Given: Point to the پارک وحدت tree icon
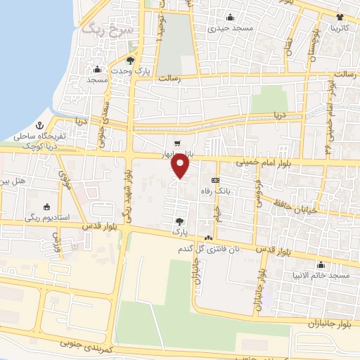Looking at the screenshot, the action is (130, 60).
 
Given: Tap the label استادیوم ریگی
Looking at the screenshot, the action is (49, 217).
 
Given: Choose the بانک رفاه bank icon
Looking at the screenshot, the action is (214, 179).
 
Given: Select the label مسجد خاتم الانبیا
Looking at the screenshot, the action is (322, 276).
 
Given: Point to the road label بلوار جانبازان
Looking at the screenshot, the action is (327, 323).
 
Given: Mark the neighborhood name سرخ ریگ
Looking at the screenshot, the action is (102, 30).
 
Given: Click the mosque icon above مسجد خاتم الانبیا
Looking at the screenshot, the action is (321, 265).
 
